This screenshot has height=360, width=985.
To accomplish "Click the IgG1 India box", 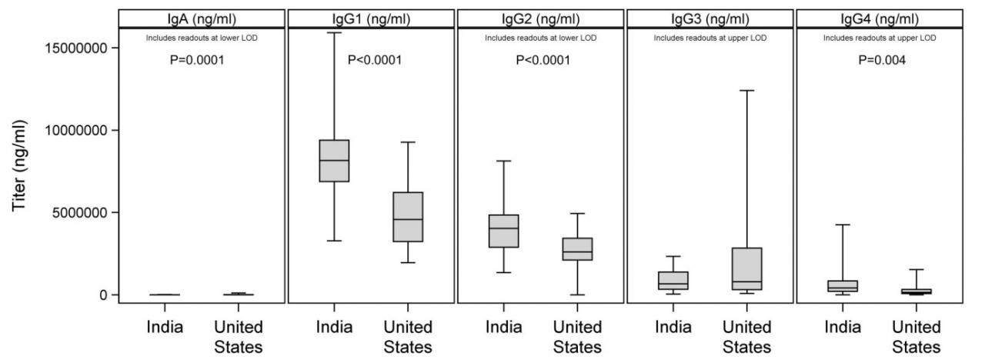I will pos(334,161).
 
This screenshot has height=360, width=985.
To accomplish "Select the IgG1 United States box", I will pos(407,217).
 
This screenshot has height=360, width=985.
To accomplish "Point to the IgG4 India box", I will pos(842,285).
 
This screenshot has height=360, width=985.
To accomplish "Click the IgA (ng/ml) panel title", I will pos(202,19).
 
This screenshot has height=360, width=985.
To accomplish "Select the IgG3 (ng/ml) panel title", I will pos(710,19).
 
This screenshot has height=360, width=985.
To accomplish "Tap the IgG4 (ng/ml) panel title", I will pos(880,19).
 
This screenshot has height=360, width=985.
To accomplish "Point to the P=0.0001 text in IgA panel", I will pos(197,60).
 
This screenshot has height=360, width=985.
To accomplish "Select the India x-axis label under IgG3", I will pos(673,327).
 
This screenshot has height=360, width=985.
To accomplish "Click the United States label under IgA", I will pos(238,336).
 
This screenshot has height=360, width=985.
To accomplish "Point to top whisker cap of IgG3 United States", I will pos(746,91).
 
